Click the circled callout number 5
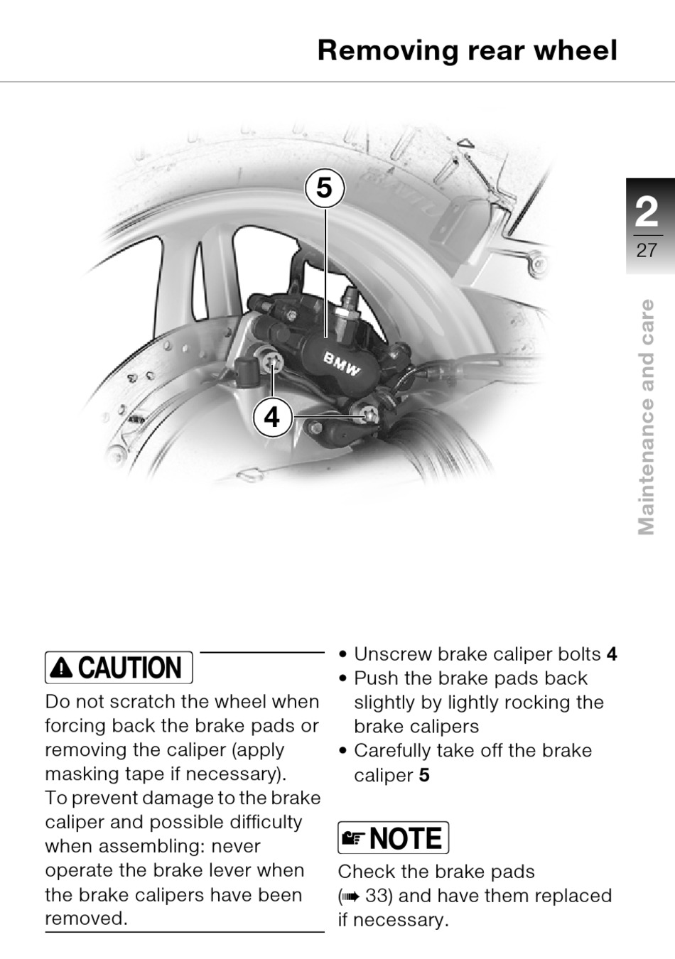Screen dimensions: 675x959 (324, 188)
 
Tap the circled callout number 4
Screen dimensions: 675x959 (272, 417)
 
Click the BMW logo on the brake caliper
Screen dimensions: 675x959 (341, 364)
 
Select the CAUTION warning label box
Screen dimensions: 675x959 (119, 668)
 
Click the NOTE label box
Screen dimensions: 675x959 (393, 838)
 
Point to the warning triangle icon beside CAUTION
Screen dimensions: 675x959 (61, 668)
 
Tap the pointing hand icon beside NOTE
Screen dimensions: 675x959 (353, 839)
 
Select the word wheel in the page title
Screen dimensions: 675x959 (576, 50)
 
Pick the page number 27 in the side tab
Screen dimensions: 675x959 (647, 251)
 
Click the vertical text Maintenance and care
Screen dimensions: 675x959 (646, 418)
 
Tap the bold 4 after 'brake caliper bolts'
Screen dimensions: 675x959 (612, 654)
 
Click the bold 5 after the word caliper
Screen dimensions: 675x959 (424, 775)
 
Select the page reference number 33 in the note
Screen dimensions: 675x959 (377, 896)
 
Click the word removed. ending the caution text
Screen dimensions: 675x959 (87, 919)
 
